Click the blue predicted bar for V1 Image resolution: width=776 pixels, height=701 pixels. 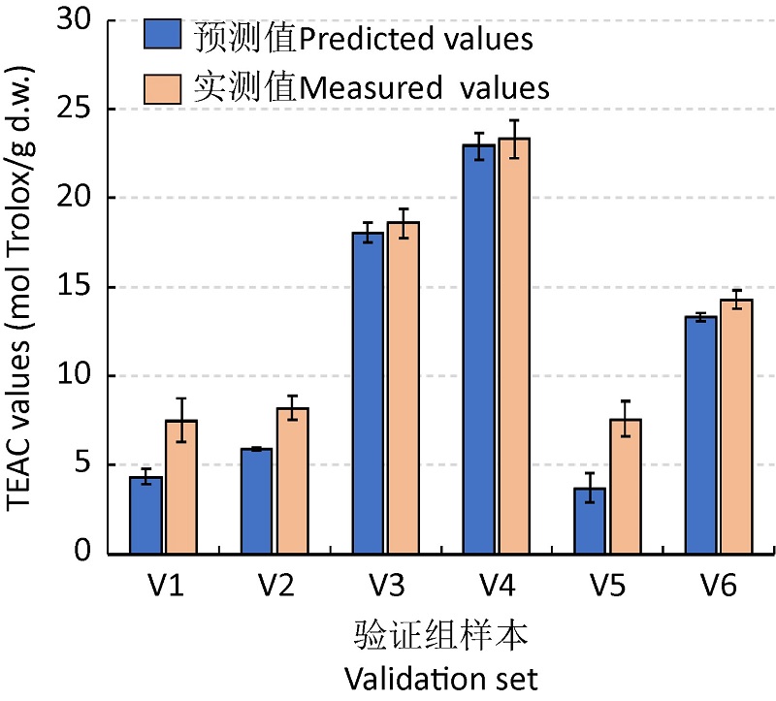(x=146, y=515)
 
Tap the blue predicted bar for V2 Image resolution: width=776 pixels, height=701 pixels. (x=256, y=501)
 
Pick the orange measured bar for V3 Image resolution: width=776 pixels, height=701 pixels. (x=403, y=388)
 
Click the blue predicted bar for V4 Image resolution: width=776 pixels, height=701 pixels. (x=478, y=349)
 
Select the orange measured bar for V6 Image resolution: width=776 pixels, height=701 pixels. (x=735, y=427)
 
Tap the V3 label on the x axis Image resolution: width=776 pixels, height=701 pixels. (x=384, y=587)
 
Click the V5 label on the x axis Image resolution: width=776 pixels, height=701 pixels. (x=606, y=587)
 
